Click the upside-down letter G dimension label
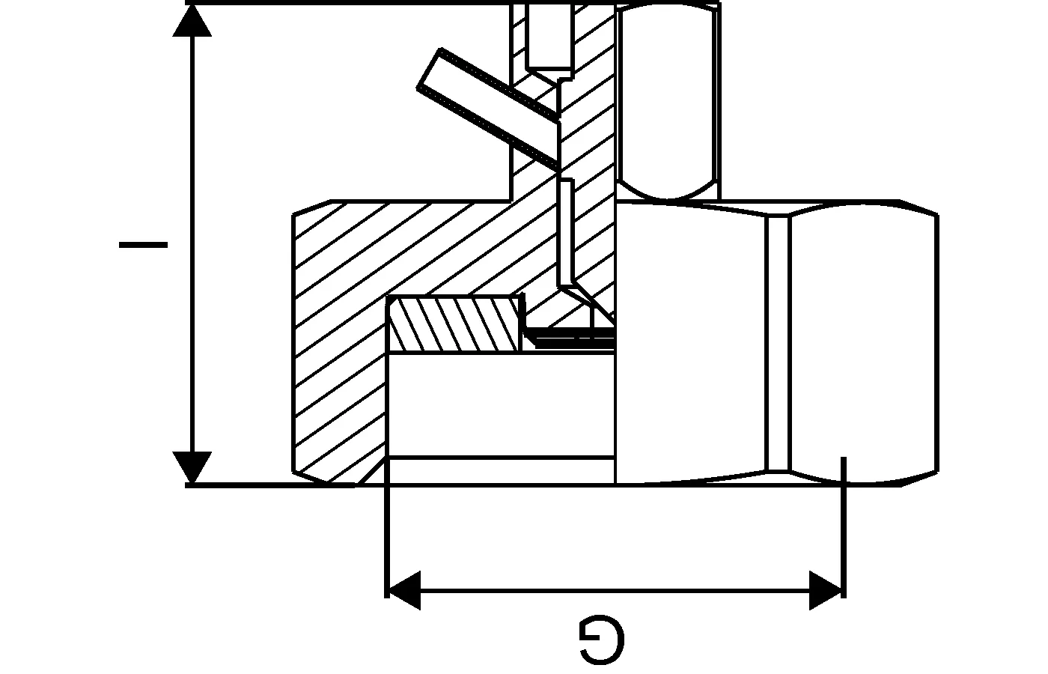tap(602, 642)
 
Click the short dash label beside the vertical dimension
tap(143, 244)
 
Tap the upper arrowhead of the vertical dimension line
tap(192, 20)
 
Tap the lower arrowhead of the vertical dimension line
tap(192, 467)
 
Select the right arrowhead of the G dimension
tap(826, 590)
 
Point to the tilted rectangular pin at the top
tap(488, 108)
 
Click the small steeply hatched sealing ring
tap(454, 324)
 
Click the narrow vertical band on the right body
tap(778, 343)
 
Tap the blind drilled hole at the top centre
tap(549, 37)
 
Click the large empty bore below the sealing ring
tap(501, 405)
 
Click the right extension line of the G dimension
tap(844, 527)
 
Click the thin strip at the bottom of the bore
tap(501, 471)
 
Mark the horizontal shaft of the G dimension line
tap(615, 590)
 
